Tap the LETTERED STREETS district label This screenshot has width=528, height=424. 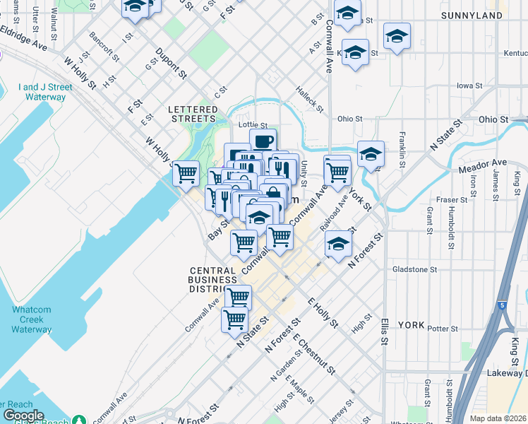click(x=193, y=114)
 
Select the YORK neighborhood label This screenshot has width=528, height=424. click(x=411, y=325)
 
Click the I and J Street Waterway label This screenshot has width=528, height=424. click(x=45, y=92)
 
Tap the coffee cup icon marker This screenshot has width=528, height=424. click(x=263, y=141)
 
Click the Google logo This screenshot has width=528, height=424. click(x=23, y=416)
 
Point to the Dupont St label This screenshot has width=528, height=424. click(x=170, y=62)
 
